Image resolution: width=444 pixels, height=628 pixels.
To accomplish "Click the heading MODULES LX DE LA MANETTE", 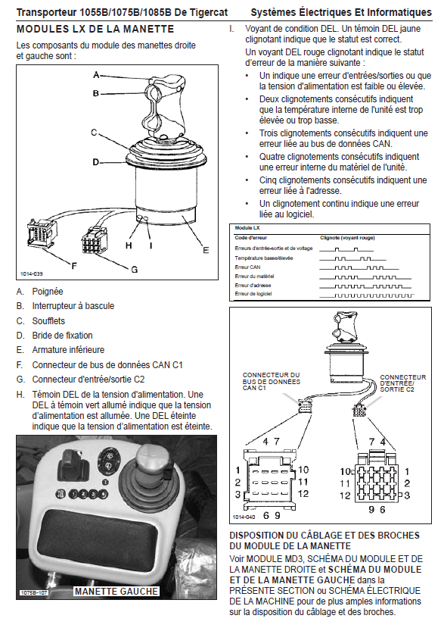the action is point(95,30).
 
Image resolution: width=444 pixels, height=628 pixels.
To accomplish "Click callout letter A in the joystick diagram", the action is point(96,74).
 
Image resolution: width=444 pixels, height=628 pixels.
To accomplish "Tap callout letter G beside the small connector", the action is point(135,270).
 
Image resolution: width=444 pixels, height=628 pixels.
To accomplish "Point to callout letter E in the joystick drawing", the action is point(206,250).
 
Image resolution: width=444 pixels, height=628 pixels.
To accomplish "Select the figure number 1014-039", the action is point(32,274).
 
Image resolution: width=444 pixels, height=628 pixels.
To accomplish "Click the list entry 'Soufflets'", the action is point(48,320).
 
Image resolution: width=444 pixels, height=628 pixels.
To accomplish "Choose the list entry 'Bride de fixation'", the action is point(62,336).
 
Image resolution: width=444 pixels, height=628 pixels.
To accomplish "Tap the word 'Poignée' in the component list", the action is point(48,292).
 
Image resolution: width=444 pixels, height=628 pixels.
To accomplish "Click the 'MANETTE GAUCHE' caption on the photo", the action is point(116,591).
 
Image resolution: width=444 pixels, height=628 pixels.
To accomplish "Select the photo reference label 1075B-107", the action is point(34,592).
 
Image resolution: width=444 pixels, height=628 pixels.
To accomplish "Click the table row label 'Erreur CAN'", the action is point(247,267).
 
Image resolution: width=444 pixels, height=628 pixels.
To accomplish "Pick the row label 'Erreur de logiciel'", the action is point(253,294).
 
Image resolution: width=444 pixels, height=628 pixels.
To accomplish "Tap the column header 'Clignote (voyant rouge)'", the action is point(348,238).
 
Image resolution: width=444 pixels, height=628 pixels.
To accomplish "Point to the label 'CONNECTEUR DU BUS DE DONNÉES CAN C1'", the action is point(272,381).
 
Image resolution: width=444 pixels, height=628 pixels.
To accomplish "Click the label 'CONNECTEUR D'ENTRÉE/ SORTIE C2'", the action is point(403,383).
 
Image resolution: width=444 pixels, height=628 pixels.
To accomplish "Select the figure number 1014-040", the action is point(244,517).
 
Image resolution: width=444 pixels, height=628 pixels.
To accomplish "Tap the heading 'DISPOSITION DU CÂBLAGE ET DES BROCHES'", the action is point(324,536).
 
